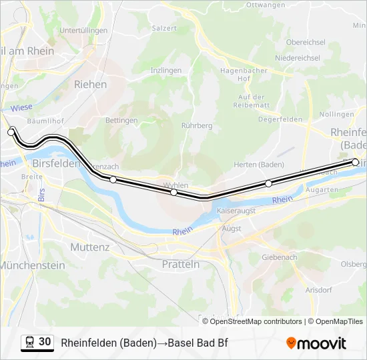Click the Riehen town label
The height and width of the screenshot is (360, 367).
(x=90, y=85)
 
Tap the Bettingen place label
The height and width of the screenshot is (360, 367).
(x=121, y=121)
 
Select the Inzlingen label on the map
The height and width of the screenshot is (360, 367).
(x=166, y=70)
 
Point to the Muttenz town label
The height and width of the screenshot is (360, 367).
(x=89, y=247)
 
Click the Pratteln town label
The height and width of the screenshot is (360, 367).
(x=181, y=264)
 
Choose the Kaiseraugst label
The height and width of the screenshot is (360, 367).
(x=236, y=209)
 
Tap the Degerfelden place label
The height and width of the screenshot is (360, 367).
(x=276, y=119)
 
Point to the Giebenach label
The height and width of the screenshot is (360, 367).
(x=280, y=257)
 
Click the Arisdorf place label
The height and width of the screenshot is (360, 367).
(x=318, y=290)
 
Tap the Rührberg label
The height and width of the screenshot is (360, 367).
(x=197, y=125)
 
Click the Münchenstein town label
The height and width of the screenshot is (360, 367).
(x=32, y=265)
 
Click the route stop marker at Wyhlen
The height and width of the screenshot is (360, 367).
(x=173, y=192)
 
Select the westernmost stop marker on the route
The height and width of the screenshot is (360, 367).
(x=11, y=132)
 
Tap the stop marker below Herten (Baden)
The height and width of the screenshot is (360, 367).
(x=268, y=183)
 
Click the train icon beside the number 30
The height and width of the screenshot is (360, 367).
(x=29, y=343)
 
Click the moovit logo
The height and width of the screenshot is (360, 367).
(x=316, y=343)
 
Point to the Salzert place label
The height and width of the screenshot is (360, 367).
(x=164, y=28)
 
